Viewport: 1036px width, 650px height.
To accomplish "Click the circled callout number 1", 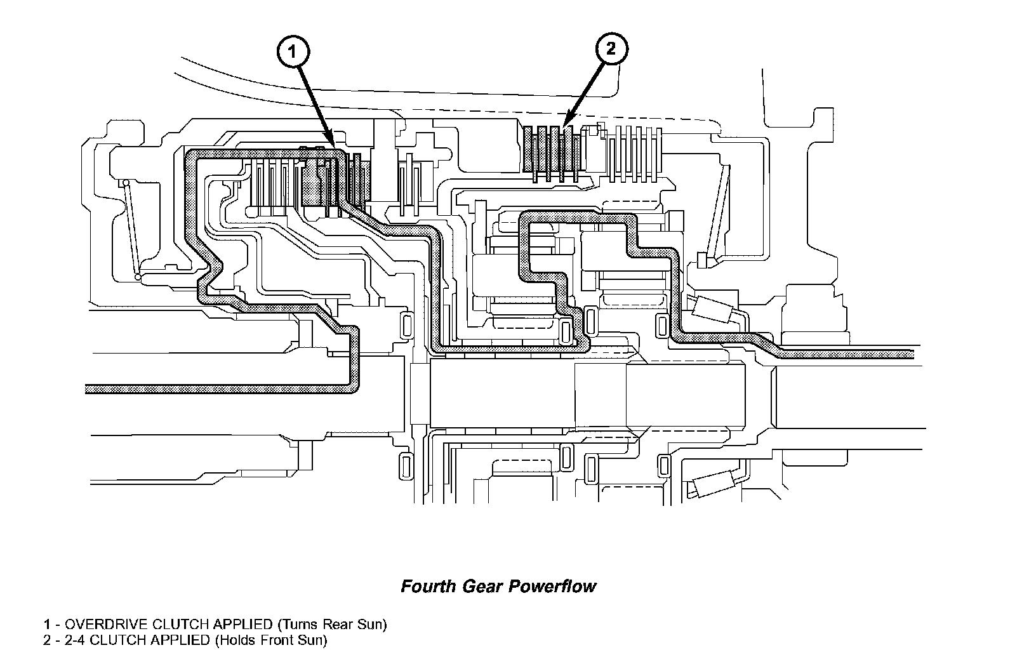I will [x=292, y=53].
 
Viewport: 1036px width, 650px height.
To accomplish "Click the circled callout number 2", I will [x=610, y=49].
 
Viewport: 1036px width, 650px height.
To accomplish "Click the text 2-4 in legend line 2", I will [x=66, y=640].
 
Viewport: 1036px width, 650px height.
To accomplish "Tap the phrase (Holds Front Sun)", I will [x=271, y=640].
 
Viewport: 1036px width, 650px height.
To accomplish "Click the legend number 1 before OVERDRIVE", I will [x=46, y=624].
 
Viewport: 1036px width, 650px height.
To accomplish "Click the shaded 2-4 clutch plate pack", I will [x=550, y=154].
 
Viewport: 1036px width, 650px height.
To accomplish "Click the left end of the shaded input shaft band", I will [x=89, y=388].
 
